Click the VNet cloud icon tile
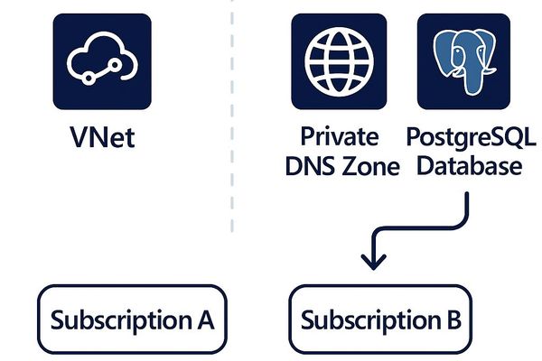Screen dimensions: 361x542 pos(102,61)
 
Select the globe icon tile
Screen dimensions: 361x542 pos(339,61)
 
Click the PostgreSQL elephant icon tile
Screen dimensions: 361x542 pos(466,61)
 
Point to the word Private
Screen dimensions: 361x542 pos(339,138)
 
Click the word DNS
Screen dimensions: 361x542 pos(317,166)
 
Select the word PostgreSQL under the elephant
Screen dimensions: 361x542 pos(471,138)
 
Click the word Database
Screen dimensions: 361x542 pos(471,166)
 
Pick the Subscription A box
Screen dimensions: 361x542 pos(132,320)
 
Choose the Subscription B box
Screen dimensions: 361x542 pos(380,320)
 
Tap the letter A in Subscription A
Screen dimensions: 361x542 pos(203,319)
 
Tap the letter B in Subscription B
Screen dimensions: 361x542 pos(453,319)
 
